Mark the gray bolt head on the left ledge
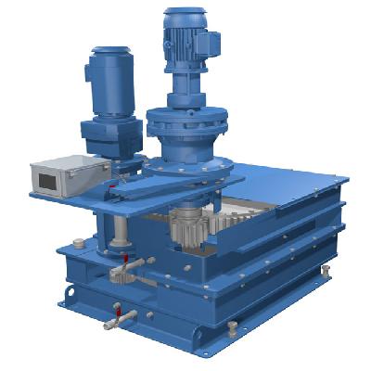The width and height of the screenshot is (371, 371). pyautogui.click(x=79, y=243)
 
